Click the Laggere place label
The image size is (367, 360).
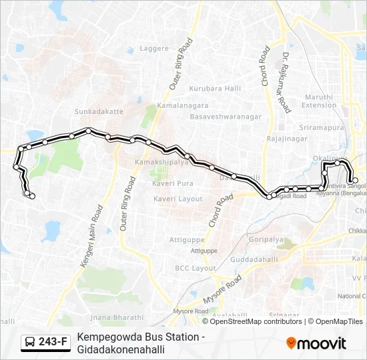pyautogui.click(x=154, y=49)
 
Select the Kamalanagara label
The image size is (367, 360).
pyautogui.click(x=183, y=105)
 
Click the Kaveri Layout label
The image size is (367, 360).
pyautogui.click(x=177, y=199)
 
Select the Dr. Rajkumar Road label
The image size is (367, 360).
pyautogui.click(x=286, y=82)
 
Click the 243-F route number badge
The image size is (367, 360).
pyautogui.click(x=53, y=343)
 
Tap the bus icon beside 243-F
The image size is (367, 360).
pyautogui.click(x=30, y=343)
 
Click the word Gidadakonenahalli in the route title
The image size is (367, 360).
pyautogui.click(x=121, y=349)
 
